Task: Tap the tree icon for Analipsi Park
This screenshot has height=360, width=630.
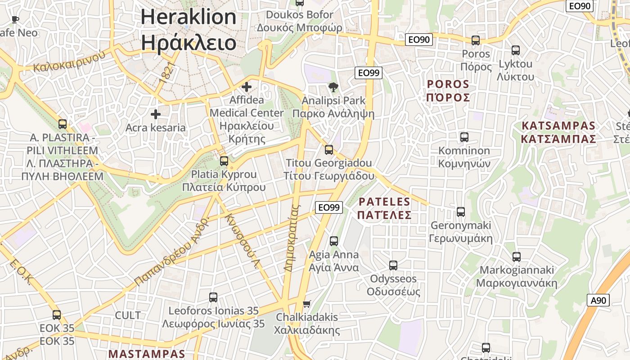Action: point(333,87)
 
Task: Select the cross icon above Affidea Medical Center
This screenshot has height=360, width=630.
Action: point(247,86)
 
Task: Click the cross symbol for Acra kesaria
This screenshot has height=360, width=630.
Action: point(156,114)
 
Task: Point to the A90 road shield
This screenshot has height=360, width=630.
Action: point(598,301)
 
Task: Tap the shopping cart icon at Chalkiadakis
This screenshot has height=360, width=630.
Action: point(307,304)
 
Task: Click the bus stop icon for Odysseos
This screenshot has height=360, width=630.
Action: point(393,265)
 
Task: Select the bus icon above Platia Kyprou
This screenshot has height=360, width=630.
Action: point(224,161)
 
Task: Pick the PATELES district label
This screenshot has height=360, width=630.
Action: point(384,208)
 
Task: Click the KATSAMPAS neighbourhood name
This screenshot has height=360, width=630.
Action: point(558,132)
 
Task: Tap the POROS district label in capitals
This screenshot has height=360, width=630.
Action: point(448,90)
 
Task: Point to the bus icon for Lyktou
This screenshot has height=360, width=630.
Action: point(516,50)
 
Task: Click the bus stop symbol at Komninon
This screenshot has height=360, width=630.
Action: point(464,137)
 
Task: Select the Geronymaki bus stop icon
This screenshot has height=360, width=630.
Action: point(461,212)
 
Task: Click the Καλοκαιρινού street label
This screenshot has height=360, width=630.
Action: point(69,61)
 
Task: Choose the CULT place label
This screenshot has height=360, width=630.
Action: point(128,315)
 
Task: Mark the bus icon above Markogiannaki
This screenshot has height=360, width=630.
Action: point(517,257)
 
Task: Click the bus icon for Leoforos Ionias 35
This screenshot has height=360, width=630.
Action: point(213,297)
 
